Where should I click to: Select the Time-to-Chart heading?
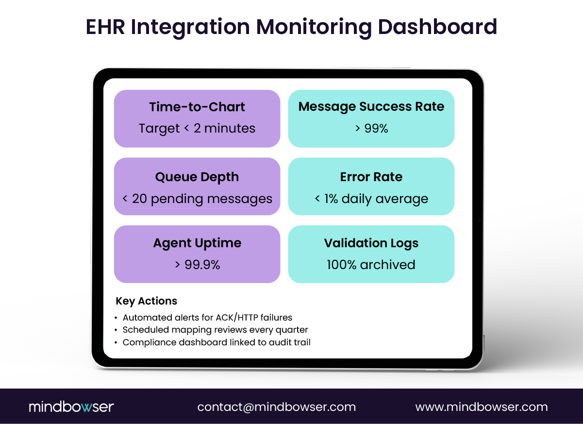pos(197,107)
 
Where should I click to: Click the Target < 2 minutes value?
pos(197,129)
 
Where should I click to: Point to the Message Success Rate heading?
pos(371,107)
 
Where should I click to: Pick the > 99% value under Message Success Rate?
pos(371,129)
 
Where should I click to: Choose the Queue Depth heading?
pos(197,177)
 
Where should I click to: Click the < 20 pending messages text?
pos(197,199)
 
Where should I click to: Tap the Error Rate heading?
pos(371,177)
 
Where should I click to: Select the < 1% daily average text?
pos(371,199)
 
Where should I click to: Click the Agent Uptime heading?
pos(197,243)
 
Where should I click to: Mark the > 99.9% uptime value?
pos(197,265)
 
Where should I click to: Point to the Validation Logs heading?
pos(371,243)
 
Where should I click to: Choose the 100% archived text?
pos(371,265)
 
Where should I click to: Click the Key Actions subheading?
pos(147,301)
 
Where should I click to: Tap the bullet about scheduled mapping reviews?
pos(215,330)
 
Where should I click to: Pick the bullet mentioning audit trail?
pos(217,342)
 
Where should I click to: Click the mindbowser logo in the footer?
pos(71,407)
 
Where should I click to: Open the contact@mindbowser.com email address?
pos(277,407)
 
